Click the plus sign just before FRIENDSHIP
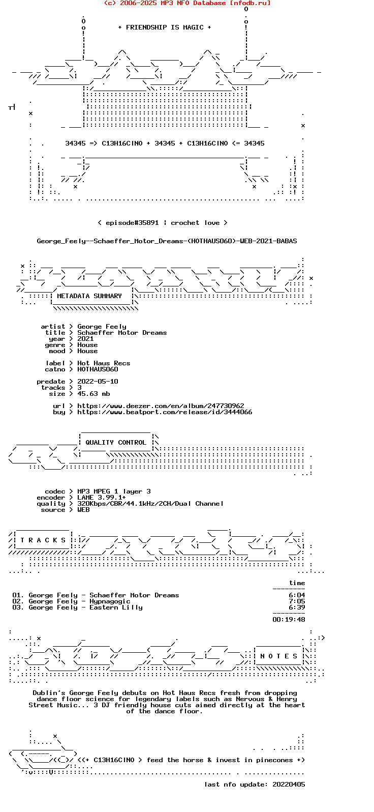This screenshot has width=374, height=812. pyautogui.click(x=120, y=27)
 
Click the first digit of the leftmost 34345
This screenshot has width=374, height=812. pyautogui.click(x=68, y=143)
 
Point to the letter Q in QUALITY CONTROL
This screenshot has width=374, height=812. pyautogui.click(x=87, y=443)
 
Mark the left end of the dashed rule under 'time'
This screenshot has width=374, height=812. pyautogui.click(x=273, y=589)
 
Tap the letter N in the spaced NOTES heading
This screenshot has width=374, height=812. pyautogui.click(x=262, y=656)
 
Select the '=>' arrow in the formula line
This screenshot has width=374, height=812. pyautogui.click(x=93, y=143)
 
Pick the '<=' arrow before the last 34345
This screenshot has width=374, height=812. pyautogui.click(x=236, y=143)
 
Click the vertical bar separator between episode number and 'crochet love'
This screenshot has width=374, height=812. pyautogui.click(x=165, y=223)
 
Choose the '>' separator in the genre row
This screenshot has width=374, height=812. pyautogui.click(x=71, y=345)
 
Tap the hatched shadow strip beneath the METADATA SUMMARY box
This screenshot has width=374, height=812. pyautogui.click(x=96, y=308)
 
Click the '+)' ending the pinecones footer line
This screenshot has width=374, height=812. pyautogui.click(x=301, y=760)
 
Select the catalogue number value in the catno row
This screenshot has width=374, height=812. pyautogui.click(x=98, y=369)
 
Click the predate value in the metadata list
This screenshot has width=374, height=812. pyautogui.click(x=98, y=382)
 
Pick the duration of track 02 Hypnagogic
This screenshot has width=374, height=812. pyautogui.click(x=297, y=601)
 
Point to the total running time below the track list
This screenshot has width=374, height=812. pyautogui.click(x=289, y=620)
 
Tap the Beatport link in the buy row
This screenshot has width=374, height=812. pyautogui.click(x=165, y=412)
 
